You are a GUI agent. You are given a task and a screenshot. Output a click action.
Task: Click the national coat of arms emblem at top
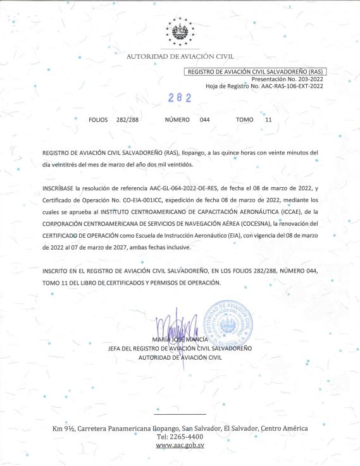click(x=180, y=32)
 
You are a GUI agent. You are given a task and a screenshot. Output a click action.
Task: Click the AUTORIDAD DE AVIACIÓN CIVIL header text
click(x=180, y=57)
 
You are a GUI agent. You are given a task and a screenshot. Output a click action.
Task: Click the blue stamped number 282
click(x=180, y=98)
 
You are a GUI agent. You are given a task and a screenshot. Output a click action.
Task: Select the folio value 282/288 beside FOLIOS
click(x=127, y=120)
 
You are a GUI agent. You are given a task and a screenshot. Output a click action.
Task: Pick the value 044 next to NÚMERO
click(x=204, y=120)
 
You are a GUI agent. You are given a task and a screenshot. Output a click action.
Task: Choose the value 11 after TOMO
click(x=268, y=120)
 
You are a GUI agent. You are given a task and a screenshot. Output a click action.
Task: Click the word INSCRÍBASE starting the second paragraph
click(x=58, y=188)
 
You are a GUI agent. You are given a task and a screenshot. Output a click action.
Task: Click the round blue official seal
click(x=233, y=322)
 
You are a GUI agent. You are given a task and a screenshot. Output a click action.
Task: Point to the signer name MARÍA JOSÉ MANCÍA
click(x=180, y=341)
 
